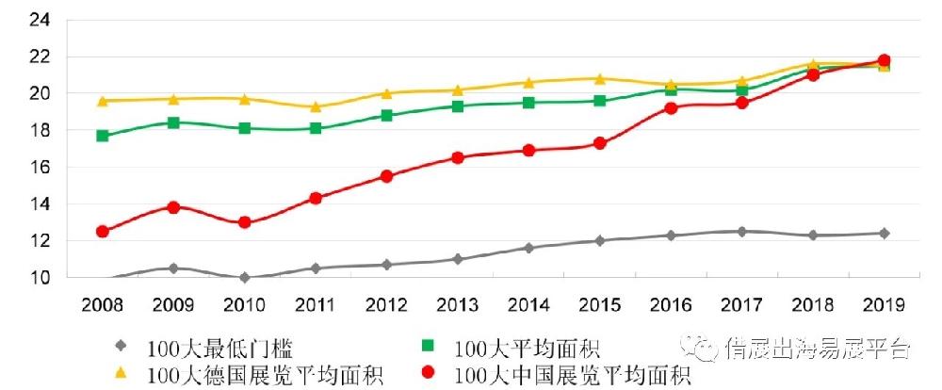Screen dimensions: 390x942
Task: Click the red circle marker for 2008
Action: coord(103,232)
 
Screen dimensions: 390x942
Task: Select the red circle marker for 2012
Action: coord(386,176)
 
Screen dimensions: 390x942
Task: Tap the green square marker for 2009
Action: coord(173,122)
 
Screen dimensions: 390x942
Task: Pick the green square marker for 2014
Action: coord(528,103)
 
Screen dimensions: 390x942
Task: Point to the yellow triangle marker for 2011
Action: coord(316,106)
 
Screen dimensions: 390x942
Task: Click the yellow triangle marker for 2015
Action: coord(599,78)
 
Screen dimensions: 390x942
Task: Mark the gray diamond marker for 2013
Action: coord(458,259)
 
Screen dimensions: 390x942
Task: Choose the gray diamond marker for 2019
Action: coord(884,233)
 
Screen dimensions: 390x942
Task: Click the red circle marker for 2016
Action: coord(671,108)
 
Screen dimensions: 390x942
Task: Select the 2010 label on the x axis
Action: coord(244,305)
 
